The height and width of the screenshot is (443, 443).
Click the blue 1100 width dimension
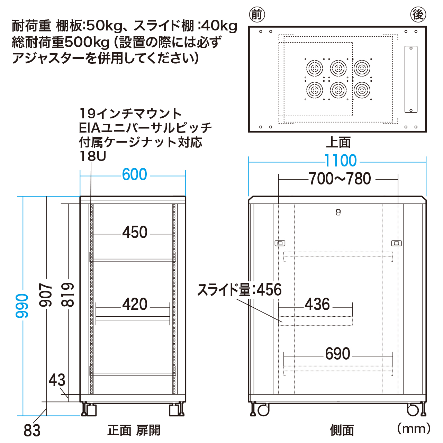coord(341,161)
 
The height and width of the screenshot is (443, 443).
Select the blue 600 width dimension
coord(135,174)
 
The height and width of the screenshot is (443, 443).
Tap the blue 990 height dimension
coord(22,306)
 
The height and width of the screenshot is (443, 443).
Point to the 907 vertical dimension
coord(45,295)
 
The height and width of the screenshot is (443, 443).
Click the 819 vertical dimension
coord(67,295)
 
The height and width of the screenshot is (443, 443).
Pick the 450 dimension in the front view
coord(135,232)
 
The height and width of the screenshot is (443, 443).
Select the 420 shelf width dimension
coord(135,304)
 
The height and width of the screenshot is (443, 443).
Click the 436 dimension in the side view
coord(317,304)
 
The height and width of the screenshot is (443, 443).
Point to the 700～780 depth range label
coord(340,179)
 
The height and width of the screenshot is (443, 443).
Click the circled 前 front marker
coord(257,15)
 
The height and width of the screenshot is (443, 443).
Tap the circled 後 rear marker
coord(418,15)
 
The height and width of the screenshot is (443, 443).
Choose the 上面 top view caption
coord(338,142)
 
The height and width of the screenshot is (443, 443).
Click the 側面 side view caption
coord(342,430)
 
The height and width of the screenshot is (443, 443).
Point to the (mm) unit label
coord(414,429)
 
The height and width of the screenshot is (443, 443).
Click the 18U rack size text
coord(93,156)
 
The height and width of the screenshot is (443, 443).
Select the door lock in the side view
coord(338,212)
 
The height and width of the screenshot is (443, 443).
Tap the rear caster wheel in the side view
coord(413,410)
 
